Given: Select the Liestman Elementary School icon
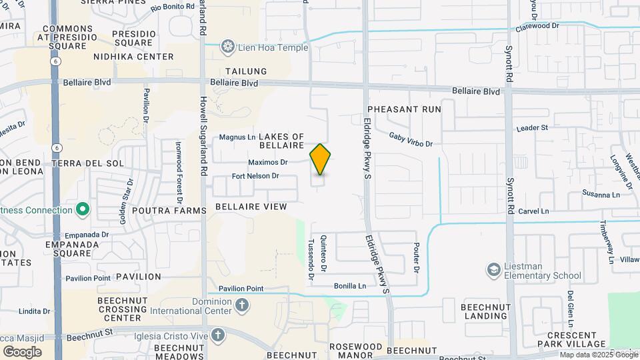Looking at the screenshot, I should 493,270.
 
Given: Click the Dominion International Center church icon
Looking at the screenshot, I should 241,305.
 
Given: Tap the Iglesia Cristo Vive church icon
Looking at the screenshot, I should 217,335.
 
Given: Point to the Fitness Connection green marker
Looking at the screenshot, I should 83,211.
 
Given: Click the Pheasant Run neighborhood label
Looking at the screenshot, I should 404,108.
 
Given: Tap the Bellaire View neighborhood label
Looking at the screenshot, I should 251,207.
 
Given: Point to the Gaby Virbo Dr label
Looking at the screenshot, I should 411,139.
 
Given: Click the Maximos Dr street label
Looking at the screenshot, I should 267,162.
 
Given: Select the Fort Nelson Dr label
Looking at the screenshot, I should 255,176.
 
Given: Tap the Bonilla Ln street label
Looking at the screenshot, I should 349,286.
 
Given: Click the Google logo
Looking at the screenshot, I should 22,351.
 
